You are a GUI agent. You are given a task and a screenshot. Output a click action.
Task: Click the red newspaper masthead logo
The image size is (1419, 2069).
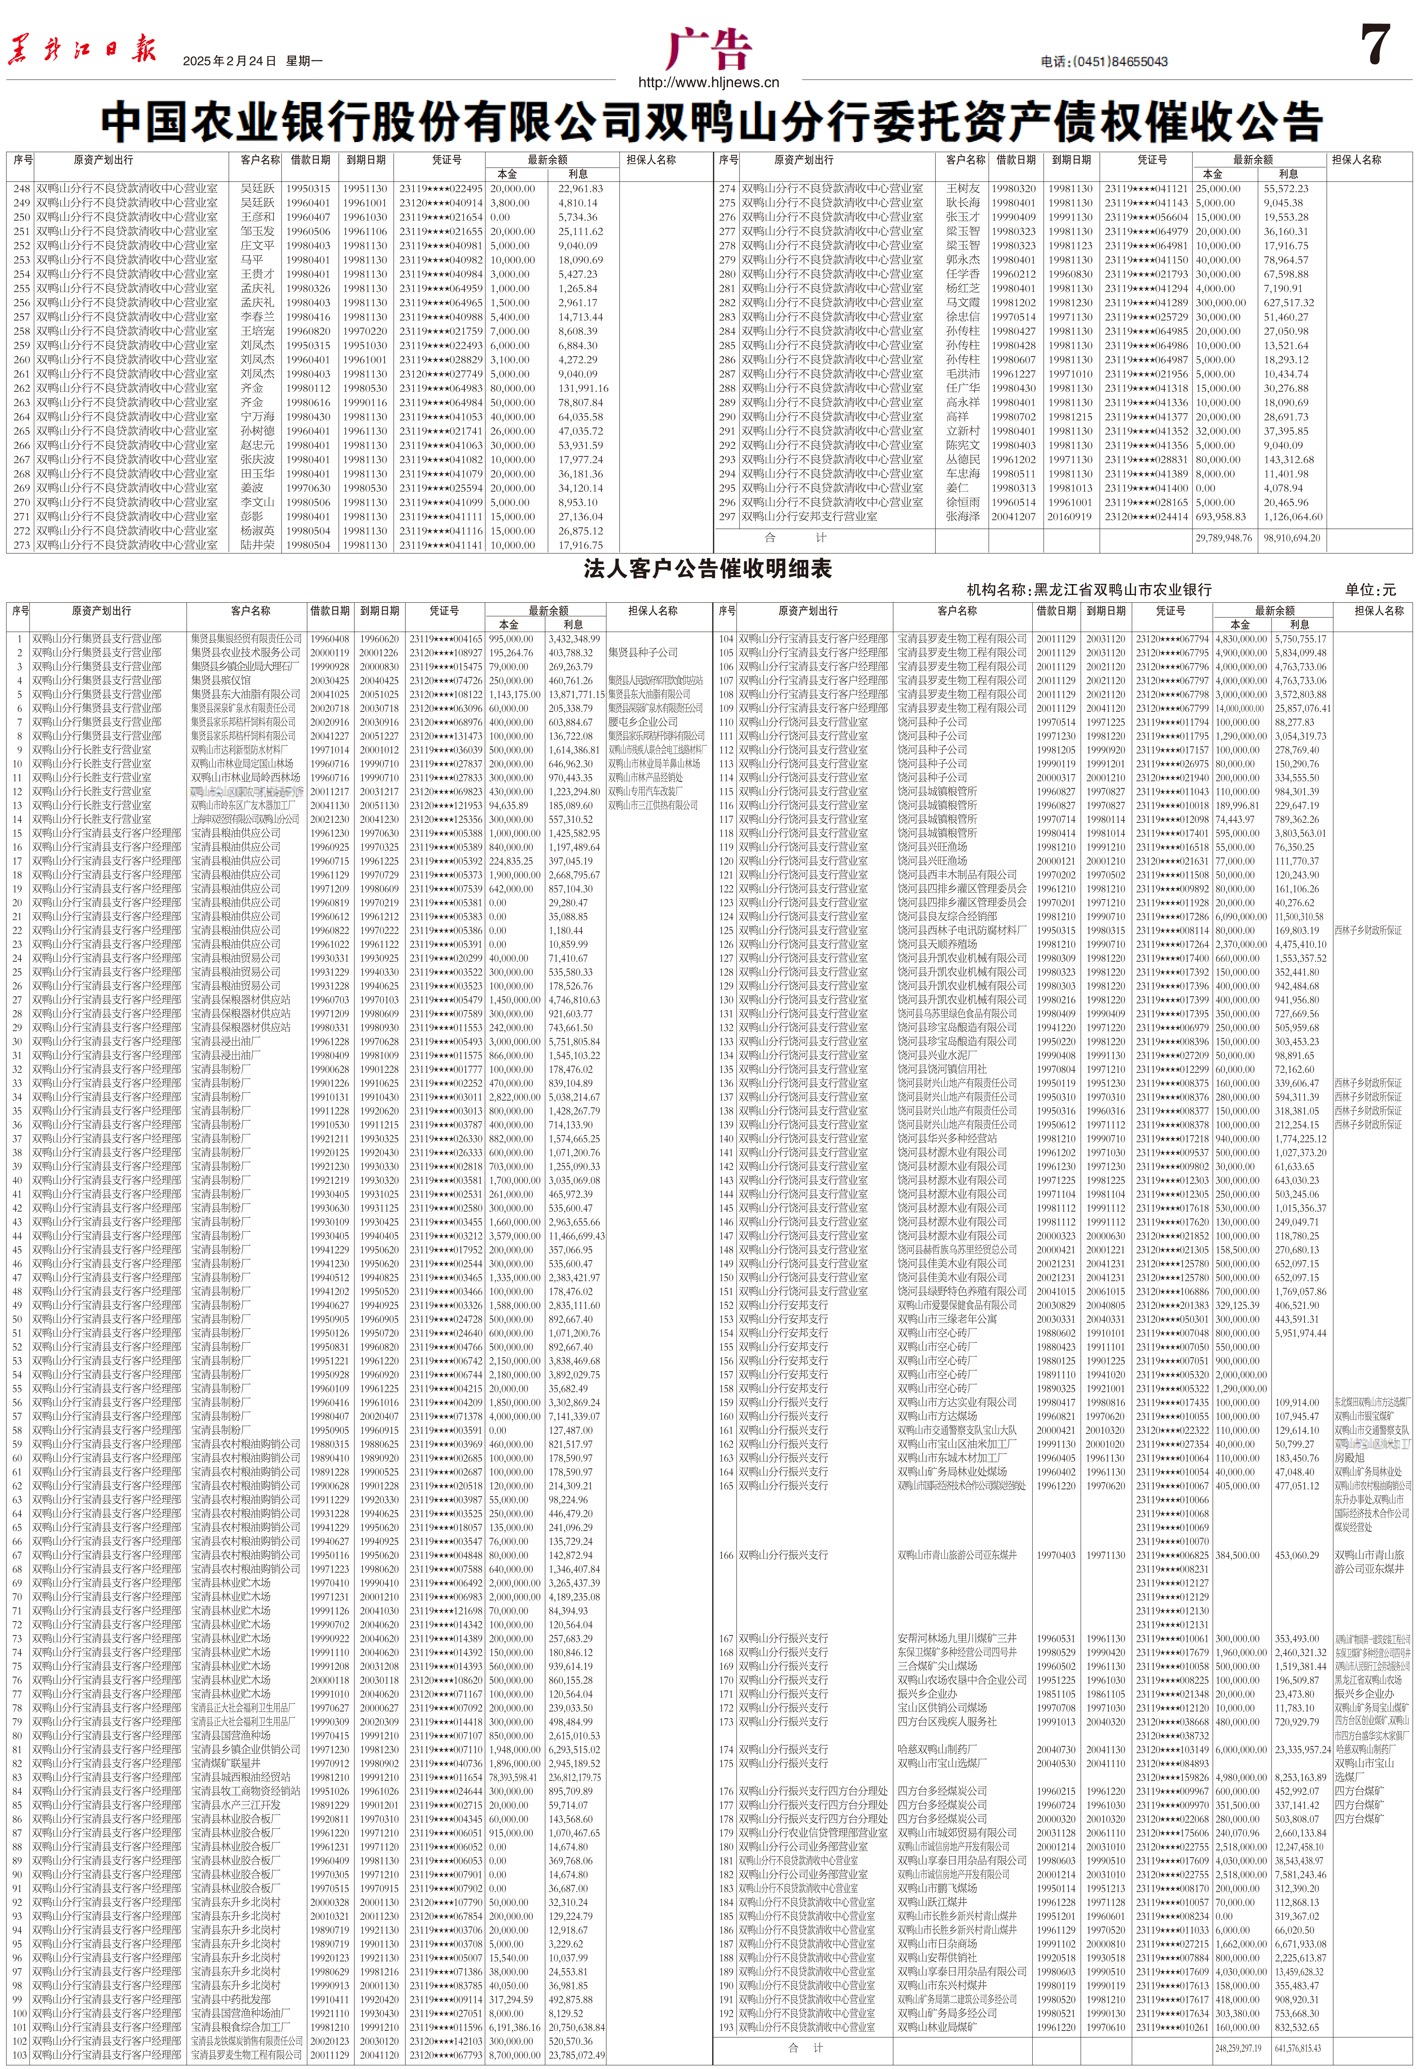coord(82,49)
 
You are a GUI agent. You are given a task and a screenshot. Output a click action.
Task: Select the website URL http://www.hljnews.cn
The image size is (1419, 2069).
coord(708,83)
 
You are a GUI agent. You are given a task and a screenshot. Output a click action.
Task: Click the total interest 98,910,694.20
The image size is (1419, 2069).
coord(1292,538)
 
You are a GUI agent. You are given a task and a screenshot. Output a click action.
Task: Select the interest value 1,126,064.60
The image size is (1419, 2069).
coord(1293,516)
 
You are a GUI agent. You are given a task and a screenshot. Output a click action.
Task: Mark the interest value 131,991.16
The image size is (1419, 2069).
coord(583,388)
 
